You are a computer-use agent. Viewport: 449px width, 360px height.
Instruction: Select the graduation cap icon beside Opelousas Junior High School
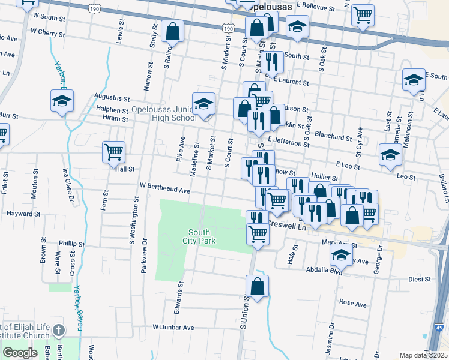click(x=203, y=104)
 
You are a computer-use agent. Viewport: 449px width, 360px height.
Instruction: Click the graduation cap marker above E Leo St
click(x=390, y=155)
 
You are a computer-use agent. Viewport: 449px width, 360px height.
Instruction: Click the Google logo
click(x=20, y=353)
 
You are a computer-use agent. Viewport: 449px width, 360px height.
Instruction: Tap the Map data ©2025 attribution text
click(x=423, y=355)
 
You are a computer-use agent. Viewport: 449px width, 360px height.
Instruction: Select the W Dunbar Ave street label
click(x=173, y=328)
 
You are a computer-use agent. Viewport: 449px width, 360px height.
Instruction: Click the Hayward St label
click(x=23, y=213)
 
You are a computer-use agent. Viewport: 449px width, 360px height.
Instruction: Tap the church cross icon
click(x=58, y=330)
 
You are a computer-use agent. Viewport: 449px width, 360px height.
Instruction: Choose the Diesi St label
click(x=420, y=279)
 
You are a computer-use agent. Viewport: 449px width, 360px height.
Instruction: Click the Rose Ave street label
click(x=353, y=304)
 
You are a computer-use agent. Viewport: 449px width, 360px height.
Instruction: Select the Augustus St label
click(x=112, y=97)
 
